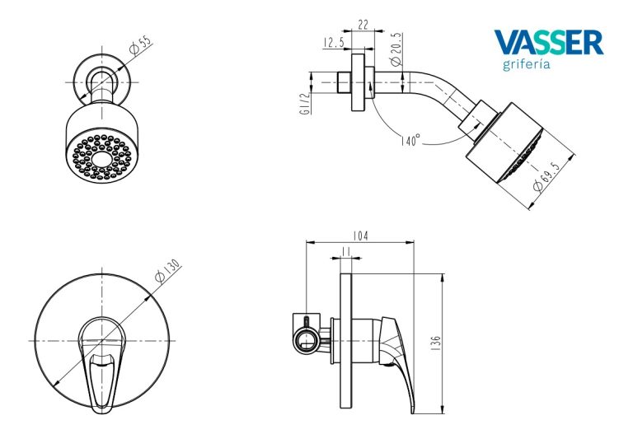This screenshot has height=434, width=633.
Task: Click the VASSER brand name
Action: (549, 42)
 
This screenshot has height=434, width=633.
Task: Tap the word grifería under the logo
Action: (527, 64)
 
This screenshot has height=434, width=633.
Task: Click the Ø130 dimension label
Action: (167, 271)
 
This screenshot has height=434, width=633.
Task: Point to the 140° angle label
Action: (411, 140)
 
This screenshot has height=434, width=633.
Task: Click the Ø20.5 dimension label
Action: (396, 49)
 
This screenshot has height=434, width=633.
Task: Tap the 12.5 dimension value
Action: (334, 42)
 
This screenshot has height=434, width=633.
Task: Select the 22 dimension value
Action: (363, 25)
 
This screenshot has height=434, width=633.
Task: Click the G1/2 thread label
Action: (305, 103)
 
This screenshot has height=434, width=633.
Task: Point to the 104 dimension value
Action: (360, 236)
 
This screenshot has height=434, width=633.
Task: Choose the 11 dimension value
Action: (346, 252)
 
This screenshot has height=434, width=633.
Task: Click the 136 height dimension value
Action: (435, 343)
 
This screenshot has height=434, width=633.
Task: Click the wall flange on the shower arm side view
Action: (358, 82)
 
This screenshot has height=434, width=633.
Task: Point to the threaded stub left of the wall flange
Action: (344, 82)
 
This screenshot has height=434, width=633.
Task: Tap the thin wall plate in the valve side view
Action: (346, 341)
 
